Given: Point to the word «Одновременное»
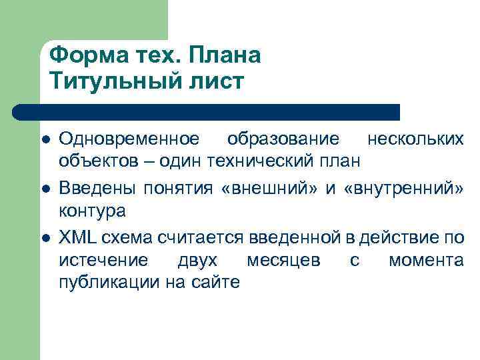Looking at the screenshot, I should tap(129, 139).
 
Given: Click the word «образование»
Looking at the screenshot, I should tap(283, 139).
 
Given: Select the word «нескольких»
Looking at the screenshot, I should tap(416, 139).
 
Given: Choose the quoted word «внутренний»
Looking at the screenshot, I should tap(403, 190).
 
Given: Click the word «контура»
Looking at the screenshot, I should tap(92, 211).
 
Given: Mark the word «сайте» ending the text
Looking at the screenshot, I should tap(215, 282).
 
